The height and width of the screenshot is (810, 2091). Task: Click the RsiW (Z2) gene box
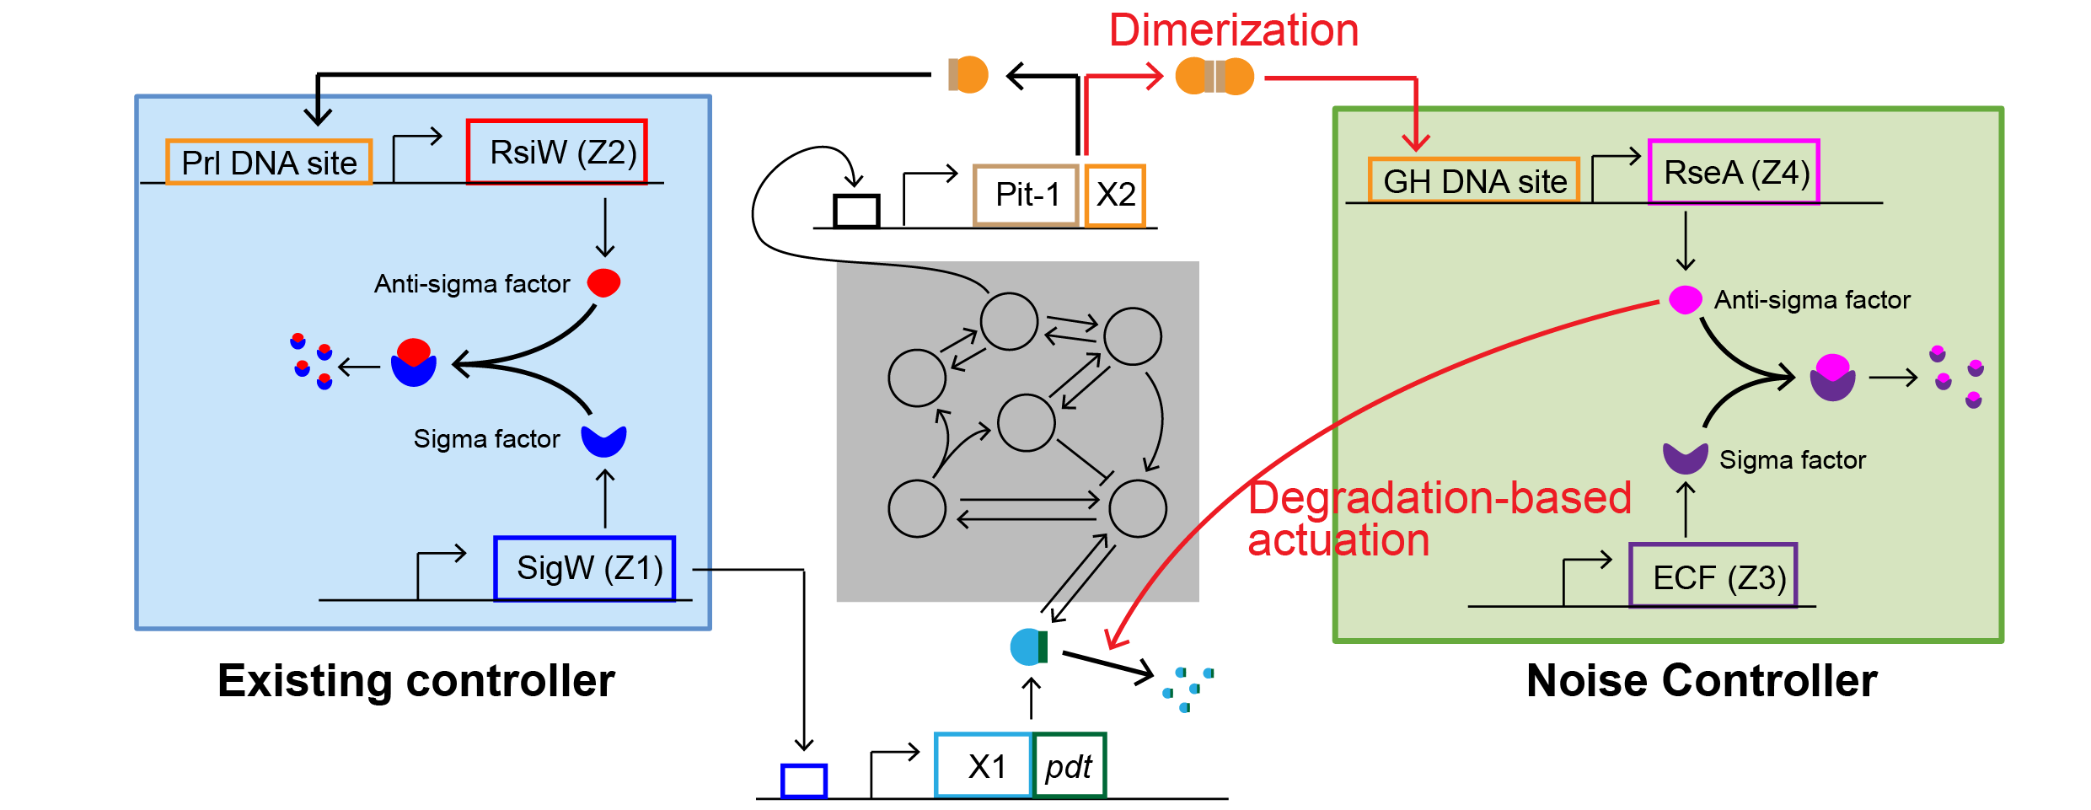pyautogui.click(x=557, y=152)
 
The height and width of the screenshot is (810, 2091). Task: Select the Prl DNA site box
pyautogui.click(x=269, y=162)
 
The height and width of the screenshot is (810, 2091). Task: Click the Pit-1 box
pyautogui.click(x=1026, y=195)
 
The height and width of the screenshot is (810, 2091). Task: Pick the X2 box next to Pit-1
pyautogui.click(x=1115, y=195)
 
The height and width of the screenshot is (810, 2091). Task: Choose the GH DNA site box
pyautogui.click(x=1473, y=180)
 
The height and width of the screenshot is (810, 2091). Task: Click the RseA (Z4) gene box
pyautogui.click(x=1734, y=172)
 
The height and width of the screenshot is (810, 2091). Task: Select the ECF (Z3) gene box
pyautogui.click(x=1713, y=577)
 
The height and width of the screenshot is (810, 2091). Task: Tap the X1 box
pyautogui.click(x=984, y=765)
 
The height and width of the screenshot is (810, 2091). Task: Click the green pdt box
pyautogui.click(x=1069, y=765)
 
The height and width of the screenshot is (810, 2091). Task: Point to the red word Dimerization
pyautogui.click(x=1233, y=30)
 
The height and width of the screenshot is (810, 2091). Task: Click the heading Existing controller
pyautogui.click(x=416, y=680)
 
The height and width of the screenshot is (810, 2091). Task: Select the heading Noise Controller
pyautogui.click(x=1702, y=680)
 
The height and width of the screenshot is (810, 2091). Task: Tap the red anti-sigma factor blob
pyautogui.click(x=603, y=282)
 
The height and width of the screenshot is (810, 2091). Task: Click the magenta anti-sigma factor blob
pyautogui.click(x=1685, y=299)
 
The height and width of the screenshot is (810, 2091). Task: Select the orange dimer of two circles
pyautogui.click(x=1214, y=76)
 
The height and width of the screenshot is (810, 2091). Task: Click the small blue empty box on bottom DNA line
pyautogui.click(x=803, y=780)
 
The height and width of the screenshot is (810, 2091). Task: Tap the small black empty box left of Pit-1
pyautogui.click(x=856, y=211)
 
